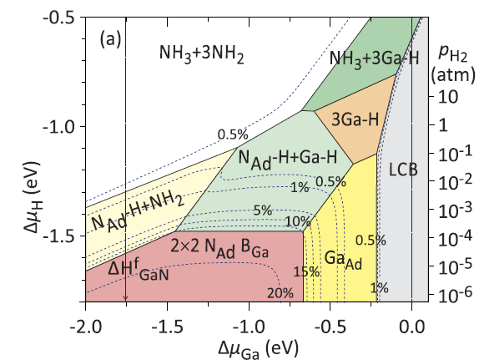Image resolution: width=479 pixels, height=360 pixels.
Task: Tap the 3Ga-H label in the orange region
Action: pyautogui.click(x=352, y=119)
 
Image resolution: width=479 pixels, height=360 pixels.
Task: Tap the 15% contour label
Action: pyautogui.click(x=305, y=271)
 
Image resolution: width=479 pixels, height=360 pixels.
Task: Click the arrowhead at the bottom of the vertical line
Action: pyautogui.click(x=125, y=297)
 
